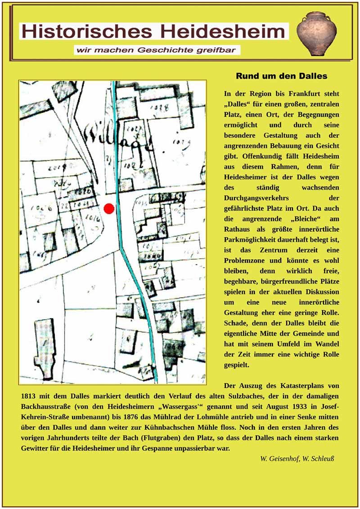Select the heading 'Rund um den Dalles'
coord(281,76)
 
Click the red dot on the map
coord(109,208)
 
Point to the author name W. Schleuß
coord(317,459)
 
